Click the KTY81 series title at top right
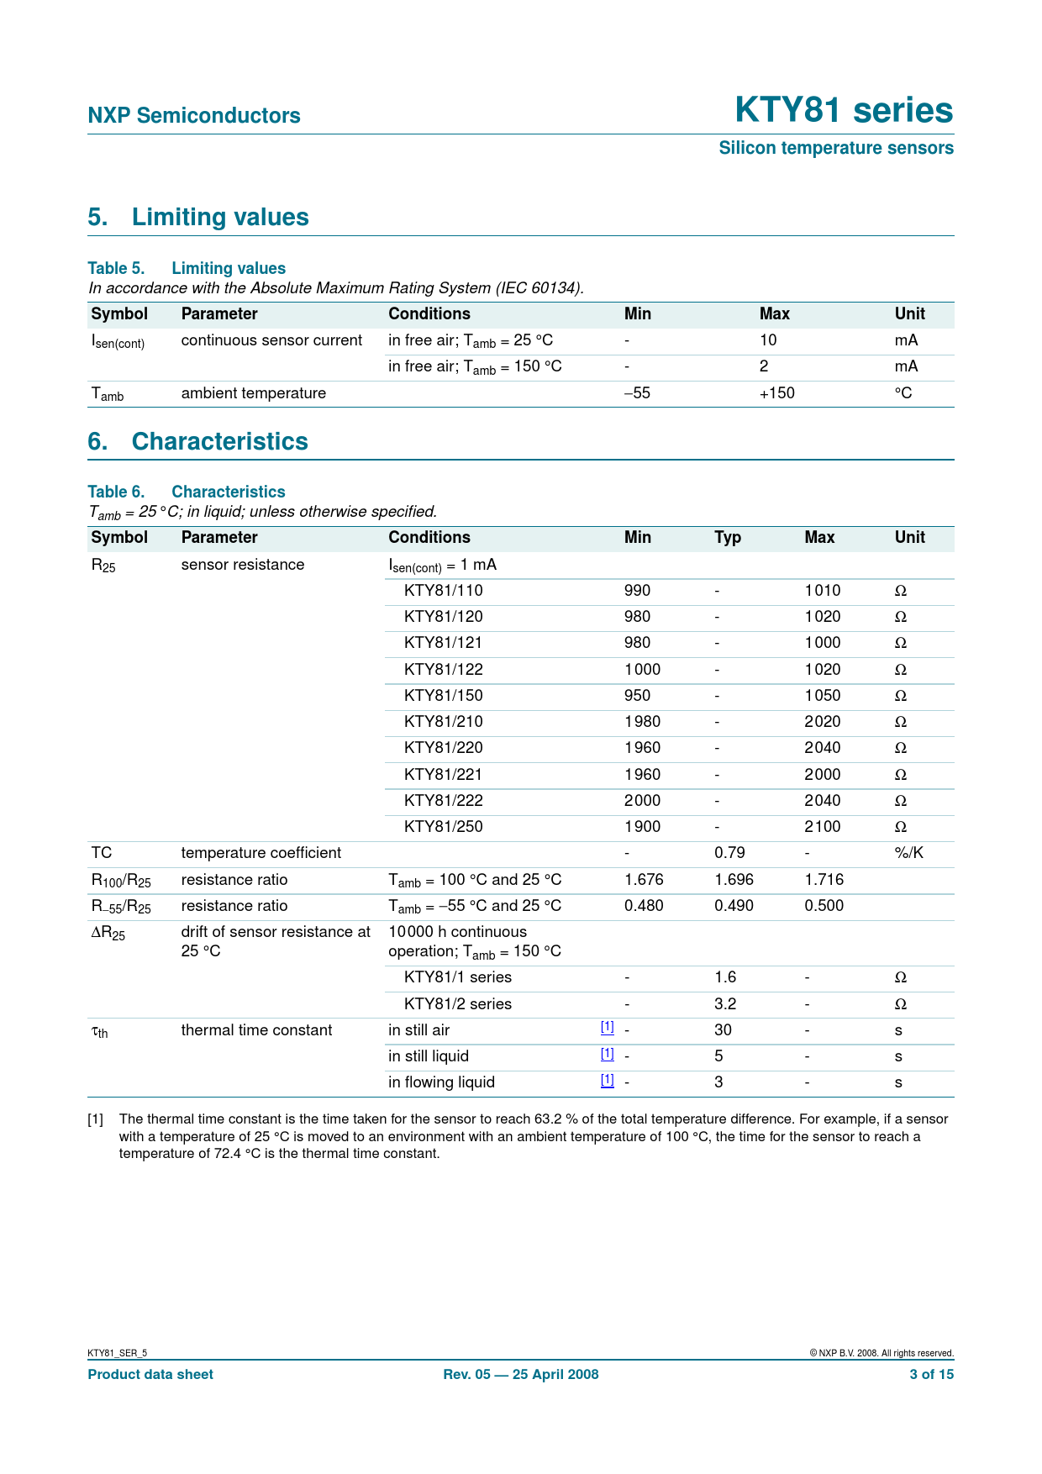pyautogui.click(x=843, y=111)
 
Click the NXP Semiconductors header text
pyautogui.click(x=194, y=116)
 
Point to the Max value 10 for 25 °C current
pyautogui.click(x=768, y=340)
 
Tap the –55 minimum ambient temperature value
pyautogui.click(x=637, y=393)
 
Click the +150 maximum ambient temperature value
pyautogui.click(x=776, y=393)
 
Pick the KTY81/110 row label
pyautogui.click(x=443, y=591)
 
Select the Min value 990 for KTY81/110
pyautogui.click(x=637, y=591)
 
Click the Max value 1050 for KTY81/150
pyautogui.click(x=822, y=696)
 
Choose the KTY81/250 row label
pyautogui.click(x=443, y=827)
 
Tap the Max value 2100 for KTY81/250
pyautogui.click(x=822, y=827)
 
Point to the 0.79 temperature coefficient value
pyautogui.click(x=729, y=853)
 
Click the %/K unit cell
pyautogui.click(x=908, y=853)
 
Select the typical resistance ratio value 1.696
pyautogui.click(x=734, y=880)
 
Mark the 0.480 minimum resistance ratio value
pyautogui.click(x=644, y=906)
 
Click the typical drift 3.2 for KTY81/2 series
pyautogui.click(x=725, y=1004)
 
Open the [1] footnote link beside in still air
pyautogui.click(x=607, y=1027)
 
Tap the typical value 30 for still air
pyautogui.click(x=723, y=1030)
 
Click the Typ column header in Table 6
pyautogui.click(x=728, y=538)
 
